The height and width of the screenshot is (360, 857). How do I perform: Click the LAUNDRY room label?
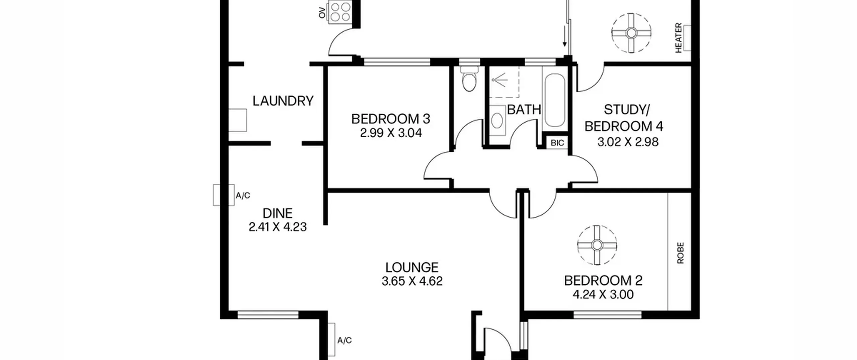(283, 101)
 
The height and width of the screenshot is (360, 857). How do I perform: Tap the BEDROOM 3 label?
(391, 119)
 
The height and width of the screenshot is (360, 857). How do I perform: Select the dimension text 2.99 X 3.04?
(391, 133)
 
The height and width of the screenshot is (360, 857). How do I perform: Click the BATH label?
(524, 110)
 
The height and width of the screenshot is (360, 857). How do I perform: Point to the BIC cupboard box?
(557, 143)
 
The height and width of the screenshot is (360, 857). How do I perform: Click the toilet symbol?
(468, 79)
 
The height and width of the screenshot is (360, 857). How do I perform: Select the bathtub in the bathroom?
(555, 100)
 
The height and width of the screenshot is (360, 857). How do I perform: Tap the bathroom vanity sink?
(497, 120)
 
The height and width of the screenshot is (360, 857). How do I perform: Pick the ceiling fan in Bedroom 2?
(597, 245)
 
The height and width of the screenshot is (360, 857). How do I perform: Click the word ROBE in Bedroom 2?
(680, 253)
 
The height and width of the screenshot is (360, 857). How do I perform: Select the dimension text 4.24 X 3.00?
(603, 295)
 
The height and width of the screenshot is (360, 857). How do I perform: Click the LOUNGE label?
(412, 267)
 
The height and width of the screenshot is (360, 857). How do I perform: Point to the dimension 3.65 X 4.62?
(412, 281)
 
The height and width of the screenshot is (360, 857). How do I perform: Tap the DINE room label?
(278, 213)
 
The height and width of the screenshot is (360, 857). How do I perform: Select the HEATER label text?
(678, 38)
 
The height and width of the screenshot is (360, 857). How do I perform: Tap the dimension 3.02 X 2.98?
(628, 142)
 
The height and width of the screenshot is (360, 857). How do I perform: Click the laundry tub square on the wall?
(238, 120)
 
